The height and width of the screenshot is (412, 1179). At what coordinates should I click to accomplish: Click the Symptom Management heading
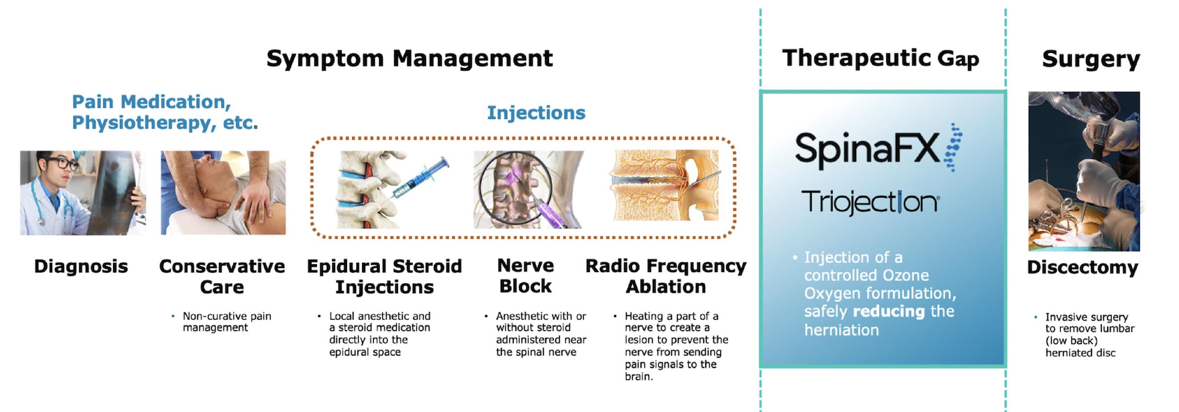point(410,59)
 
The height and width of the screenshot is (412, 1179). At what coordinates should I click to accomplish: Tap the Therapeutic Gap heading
point(880,58)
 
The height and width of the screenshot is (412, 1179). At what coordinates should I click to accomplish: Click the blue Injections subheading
point(536,113)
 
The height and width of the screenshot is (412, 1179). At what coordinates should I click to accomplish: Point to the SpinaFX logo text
point(867,148)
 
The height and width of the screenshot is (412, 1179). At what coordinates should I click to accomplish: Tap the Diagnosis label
point(81,267)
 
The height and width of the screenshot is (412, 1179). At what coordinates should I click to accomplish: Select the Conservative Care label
point(222,277)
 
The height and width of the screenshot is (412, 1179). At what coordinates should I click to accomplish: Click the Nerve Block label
point(525,276)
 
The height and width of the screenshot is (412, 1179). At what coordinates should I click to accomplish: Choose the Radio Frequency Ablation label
point(666,276)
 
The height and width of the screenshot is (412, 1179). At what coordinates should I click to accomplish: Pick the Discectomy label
point(1082,267)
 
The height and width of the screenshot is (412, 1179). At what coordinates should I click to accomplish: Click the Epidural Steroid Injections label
point(384,277)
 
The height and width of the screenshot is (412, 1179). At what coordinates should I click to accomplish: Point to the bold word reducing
point(889,312)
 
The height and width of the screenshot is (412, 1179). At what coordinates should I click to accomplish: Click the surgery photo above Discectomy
point(1084,171)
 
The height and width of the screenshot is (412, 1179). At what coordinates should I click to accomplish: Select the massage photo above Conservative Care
point(224,193)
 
